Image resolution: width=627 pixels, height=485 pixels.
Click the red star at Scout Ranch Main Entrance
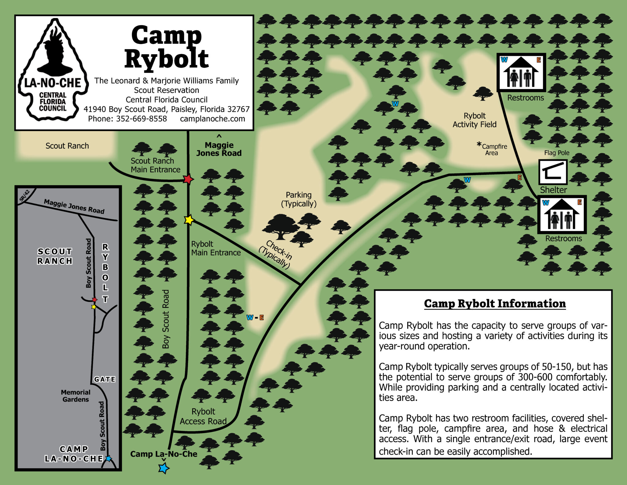click(188, 179)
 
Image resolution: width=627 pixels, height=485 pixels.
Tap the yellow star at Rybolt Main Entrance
click(189, 220)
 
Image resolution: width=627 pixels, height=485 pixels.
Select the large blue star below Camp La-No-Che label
click(164, 468)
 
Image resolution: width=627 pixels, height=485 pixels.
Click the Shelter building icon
click(553, 172)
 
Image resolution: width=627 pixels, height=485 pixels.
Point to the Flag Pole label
click(557, 153)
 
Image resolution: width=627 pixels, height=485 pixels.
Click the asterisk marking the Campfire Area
click(479, 144)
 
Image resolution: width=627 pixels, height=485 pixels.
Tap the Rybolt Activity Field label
click(475, 120)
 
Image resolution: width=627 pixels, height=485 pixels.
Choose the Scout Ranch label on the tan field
click(67, 146)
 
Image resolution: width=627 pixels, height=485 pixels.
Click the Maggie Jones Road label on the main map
click(219, 149)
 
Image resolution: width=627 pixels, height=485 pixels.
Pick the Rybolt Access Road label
click(203, 416)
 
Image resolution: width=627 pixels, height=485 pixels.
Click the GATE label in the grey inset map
click(105, 379)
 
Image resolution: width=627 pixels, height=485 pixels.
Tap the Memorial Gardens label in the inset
click(76, 396)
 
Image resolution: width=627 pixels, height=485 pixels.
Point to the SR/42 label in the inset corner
click(24, 195)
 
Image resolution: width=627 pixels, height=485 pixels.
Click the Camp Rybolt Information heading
click(495, 304)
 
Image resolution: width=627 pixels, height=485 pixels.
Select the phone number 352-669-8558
click(141, 119)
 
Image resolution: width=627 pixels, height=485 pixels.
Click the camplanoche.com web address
click(212, 119)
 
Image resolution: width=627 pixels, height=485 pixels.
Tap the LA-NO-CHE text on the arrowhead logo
click(53, 83)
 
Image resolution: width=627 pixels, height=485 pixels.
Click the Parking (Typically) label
click(298, 199)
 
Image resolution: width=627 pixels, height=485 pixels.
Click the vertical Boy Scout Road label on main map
click(166, 319)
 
